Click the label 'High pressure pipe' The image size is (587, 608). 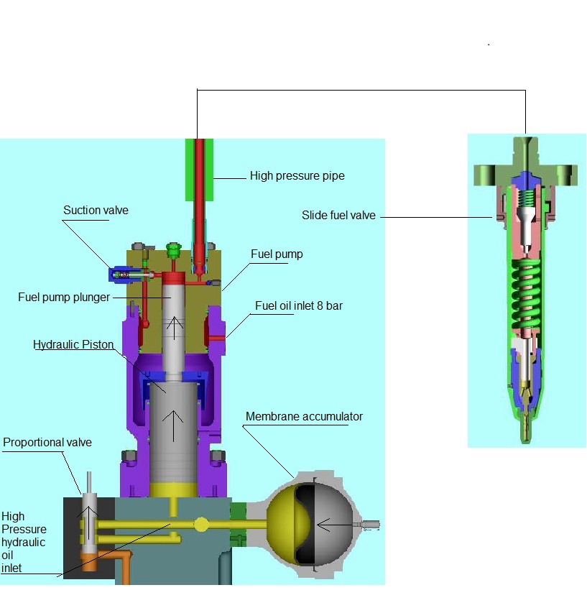[x=297, y=175]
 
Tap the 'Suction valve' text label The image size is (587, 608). [x=96, y=211]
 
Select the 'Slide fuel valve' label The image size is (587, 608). [x=338, y=215]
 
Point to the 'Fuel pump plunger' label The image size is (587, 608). [x=65, y=297]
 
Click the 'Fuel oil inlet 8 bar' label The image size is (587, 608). [x=299, y=306]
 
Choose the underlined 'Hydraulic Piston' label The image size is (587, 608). [x=73, y=345]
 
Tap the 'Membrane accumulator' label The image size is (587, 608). [x=304, y=417]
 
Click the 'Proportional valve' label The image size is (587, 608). [x=47, y=443]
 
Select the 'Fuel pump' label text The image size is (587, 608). [x=277, y=254]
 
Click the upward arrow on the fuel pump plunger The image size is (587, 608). [x=172, y=328]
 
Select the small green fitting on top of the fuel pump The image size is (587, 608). [x=172, y=250]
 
